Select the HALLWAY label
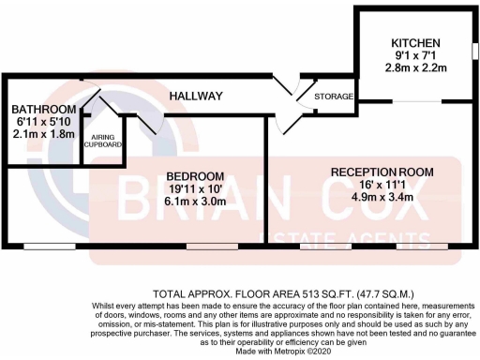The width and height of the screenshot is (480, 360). click(195, 97)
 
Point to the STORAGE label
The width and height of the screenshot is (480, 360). click(334, 97)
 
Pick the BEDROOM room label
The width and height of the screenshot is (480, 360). click(195, 176)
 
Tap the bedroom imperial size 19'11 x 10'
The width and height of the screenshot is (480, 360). click(195, 189)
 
